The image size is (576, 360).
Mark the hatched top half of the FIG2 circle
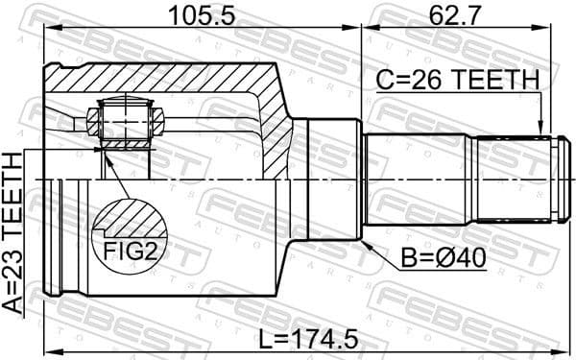coord(131,217)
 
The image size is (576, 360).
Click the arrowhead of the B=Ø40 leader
coord(368,241)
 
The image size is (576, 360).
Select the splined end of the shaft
coord(514,180)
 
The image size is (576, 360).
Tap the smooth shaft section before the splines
coord(413,180)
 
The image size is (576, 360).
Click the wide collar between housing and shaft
coord(326,180)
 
